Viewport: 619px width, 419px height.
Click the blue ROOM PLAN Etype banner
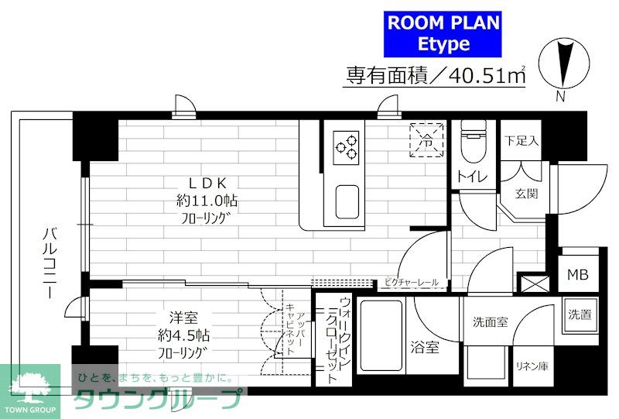[x=443, y=34]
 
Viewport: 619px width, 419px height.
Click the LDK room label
[x=207, y=183]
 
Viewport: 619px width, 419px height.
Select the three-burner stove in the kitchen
[x=346, y=148]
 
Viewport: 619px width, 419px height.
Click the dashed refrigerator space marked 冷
[x=426, y=140]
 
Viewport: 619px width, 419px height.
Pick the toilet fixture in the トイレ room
[x=473, y=142]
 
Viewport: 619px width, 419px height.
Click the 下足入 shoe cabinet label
[x=522, y=140]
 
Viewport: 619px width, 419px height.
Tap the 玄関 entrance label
[x=527, y=194]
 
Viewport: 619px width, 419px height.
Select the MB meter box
[x=578, y=274]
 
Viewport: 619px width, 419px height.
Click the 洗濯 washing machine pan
[x=580, y=314]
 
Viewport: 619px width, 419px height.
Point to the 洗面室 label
[x=491, y=322]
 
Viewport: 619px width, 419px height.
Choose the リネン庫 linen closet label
[x=532, y=366]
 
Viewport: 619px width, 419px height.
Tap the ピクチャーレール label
[x=412, y=282]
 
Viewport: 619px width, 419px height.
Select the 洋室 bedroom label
[x=183, y=318]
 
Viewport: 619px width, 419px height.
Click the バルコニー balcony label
[x=50, y=263]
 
